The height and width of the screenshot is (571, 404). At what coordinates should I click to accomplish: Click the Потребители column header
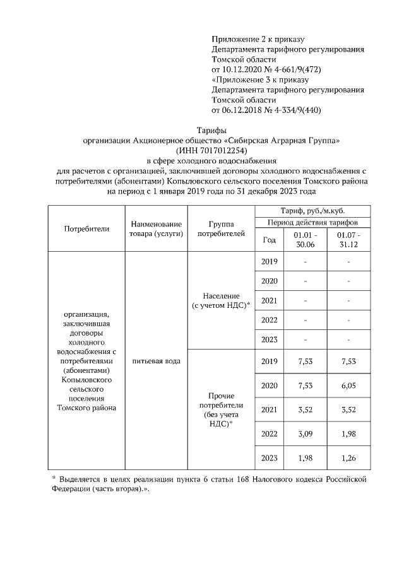coord(87,228)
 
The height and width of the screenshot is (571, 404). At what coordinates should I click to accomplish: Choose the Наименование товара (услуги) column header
coord(157,228)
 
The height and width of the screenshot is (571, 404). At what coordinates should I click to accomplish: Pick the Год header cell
coord(269,240)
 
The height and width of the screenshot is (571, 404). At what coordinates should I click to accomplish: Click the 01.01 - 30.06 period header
coord(306,240)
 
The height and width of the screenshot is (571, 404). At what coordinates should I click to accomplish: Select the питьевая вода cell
coord(157,361)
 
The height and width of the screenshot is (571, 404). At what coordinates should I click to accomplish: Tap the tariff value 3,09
coord(306,434)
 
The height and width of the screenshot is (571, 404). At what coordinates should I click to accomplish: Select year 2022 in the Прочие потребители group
coord(269,434)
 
